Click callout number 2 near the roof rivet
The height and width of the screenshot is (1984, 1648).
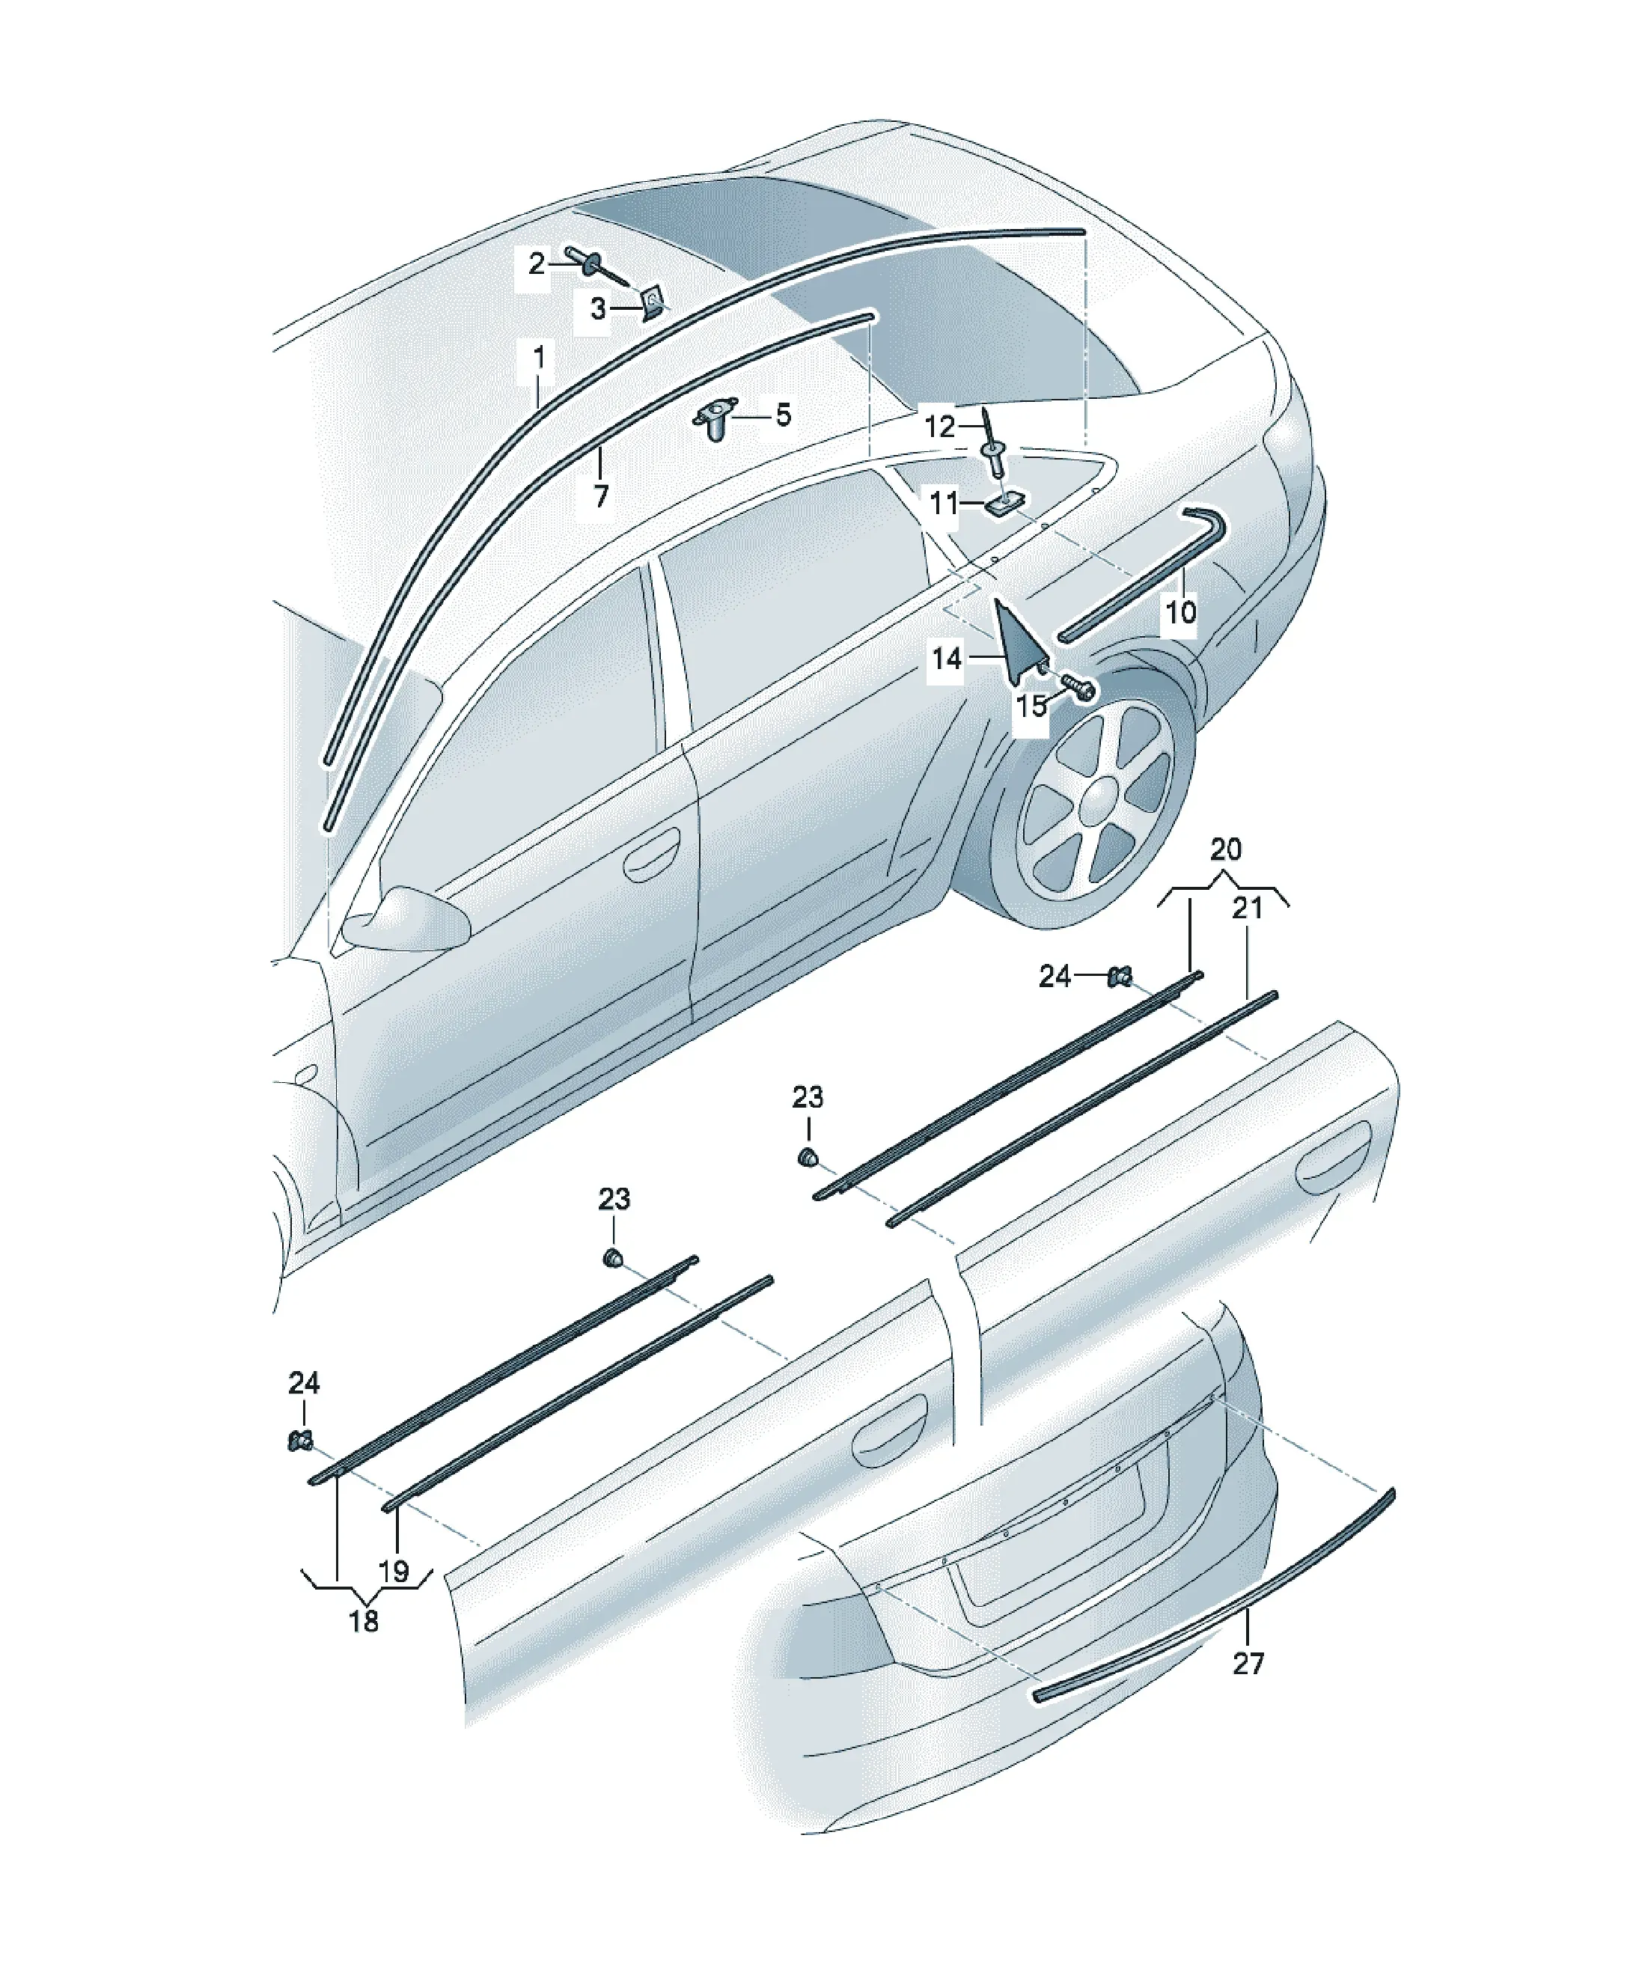point(536,263)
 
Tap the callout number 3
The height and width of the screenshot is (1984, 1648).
point(597,308)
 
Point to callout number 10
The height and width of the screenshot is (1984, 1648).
point(1180,612)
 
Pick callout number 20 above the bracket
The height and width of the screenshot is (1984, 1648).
point(1226,849)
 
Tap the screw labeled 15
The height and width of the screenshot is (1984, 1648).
point(1075,687)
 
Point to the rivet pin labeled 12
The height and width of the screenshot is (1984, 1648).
point(993,443)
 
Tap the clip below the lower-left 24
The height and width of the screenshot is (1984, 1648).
point(299,1441)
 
